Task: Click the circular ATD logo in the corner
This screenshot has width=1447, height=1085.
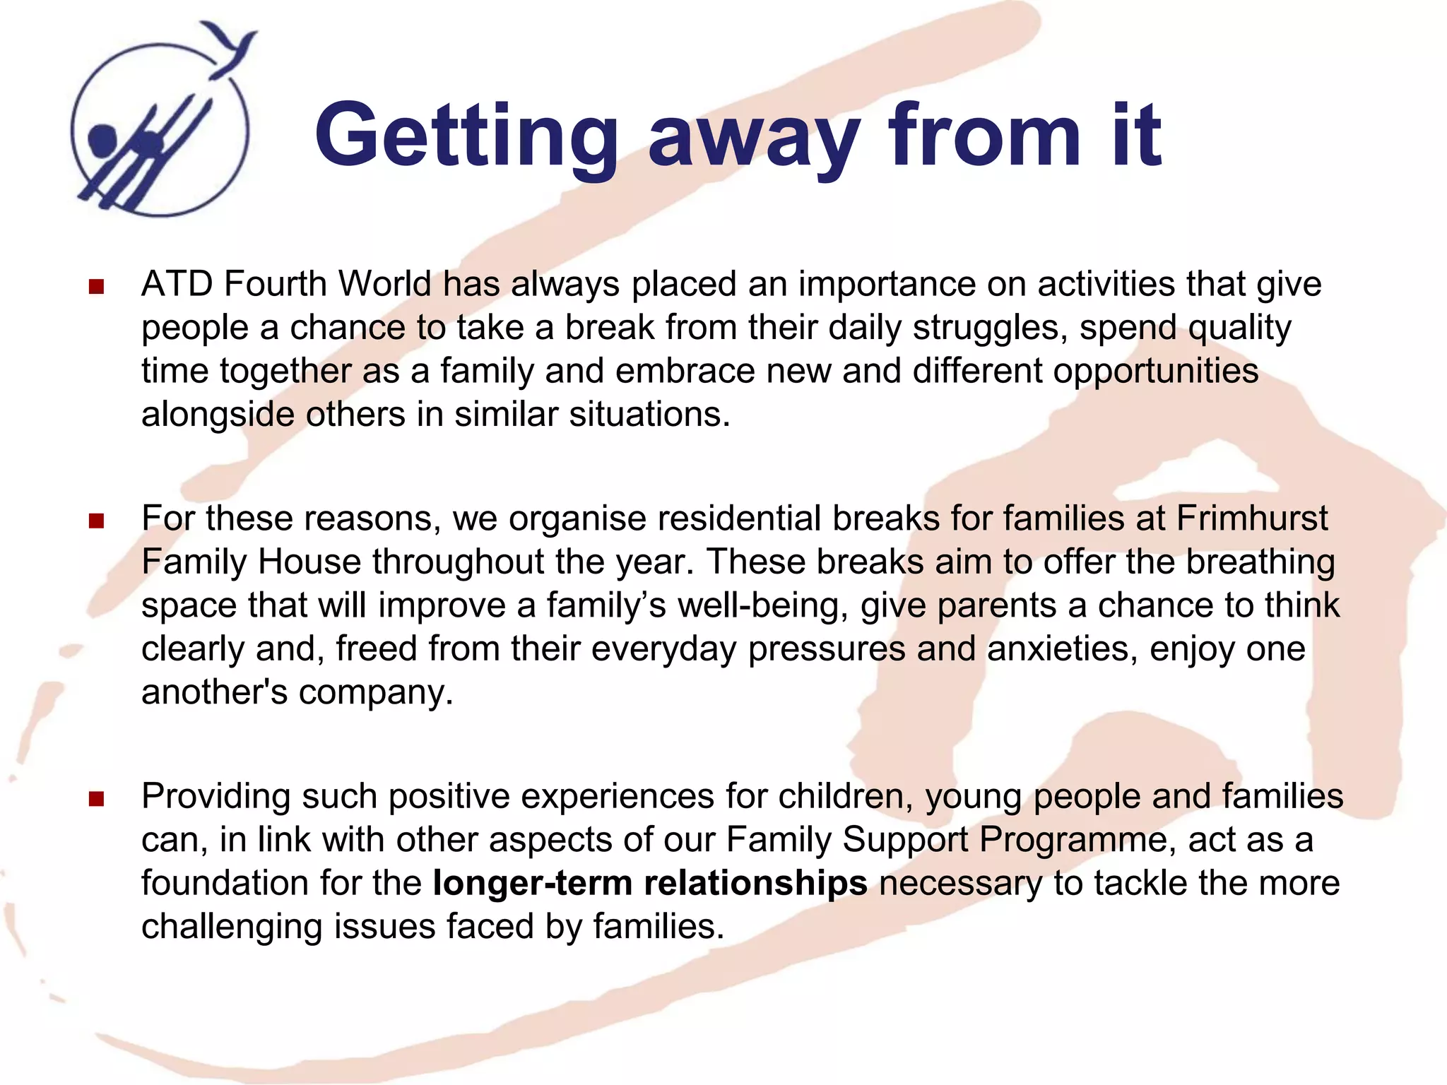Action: (160, 131)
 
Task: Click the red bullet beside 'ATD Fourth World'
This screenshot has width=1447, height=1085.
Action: (97, 286)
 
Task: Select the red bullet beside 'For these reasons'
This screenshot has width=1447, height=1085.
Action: (97, 521)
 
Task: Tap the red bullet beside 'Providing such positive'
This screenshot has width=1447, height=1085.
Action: (97, 799)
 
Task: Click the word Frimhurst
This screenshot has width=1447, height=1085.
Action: (1252, 518)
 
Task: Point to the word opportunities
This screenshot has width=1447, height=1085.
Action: (1156, 371)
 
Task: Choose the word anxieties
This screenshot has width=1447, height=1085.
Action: (1063, 648)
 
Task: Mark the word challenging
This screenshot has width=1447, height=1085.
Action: (232, 927)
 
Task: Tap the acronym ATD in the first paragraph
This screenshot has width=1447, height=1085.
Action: (177, 285)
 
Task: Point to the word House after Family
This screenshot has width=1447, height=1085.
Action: (309, 562)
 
